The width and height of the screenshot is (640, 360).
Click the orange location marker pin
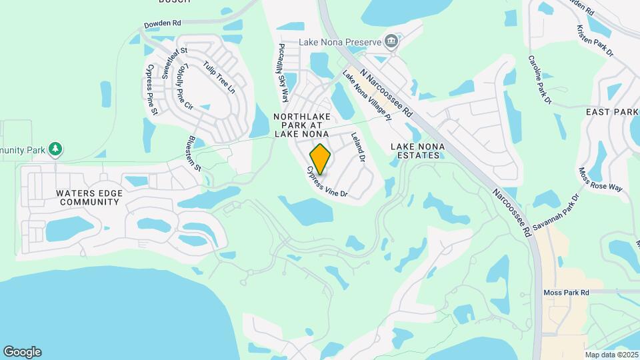[321, 159]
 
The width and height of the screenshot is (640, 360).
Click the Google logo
[22, 352]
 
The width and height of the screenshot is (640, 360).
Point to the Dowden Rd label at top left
[163, 23]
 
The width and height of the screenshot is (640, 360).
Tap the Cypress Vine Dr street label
[327, 182]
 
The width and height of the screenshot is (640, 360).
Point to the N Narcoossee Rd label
[386, 89]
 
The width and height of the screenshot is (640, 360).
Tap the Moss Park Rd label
[566, 293]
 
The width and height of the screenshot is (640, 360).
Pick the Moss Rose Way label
[600, 179]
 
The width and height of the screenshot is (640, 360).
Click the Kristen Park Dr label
[594, 41]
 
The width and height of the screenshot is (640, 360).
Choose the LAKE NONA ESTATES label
[415, 150]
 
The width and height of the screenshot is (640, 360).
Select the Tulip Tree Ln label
[219, 78]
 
